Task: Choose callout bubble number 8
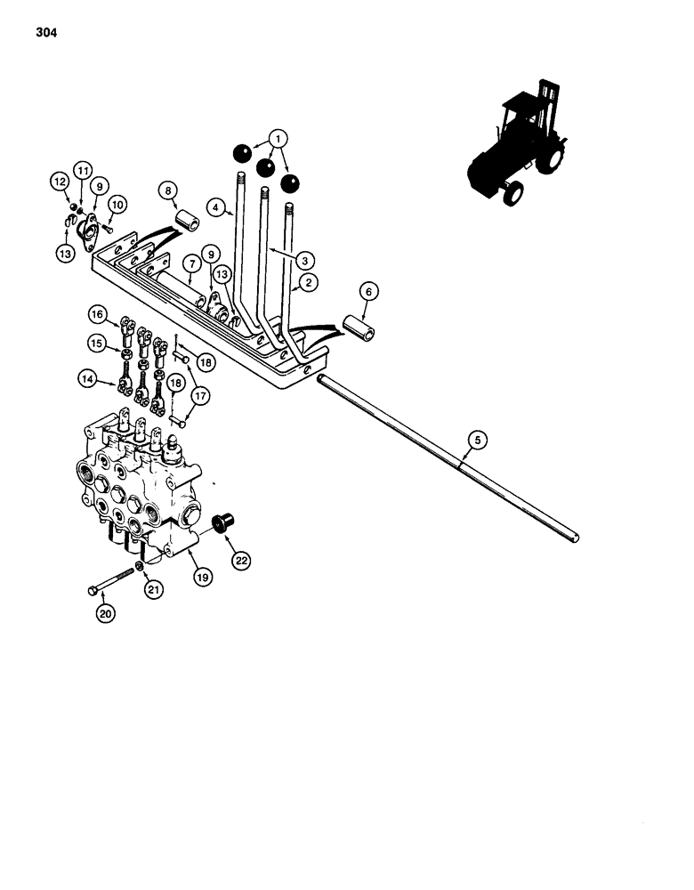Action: (167, 190)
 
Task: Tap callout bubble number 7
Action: (190, 263)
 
